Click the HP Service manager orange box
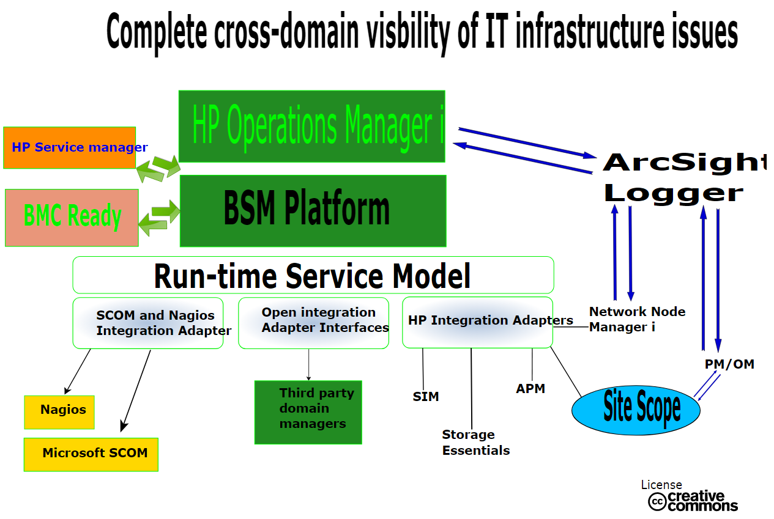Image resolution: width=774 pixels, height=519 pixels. point(69,147)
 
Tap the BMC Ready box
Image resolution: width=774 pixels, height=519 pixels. point(72,218)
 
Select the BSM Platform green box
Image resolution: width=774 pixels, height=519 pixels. point(313,211)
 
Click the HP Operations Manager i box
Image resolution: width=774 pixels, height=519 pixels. point(311,127)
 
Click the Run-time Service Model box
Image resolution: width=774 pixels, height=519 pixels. point(313,275)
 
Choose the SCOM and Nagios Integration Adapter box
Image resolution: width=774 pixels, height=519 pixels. point(148,323)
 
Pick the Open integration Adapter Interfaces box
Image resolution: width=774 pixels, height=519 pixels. point(313,323)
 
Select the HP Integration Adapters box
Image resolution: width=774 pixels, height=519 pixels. point(477,322)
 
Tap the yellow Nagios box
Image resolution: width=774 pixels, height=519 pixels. point(59,412)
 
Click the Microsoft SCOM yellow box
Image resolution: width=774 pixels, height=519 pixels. point(91,454)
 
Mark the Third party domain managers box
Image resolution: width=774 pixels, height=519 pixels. point(308,412)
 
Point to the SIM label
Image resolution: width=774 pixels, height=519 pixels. point(426,397)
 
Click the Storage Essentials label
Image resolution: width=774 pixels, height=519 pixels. point(476,443)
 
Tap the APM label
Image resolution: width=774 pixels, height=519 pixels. point(530,389)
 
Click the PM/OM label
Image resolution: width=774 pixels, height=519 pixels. point(729,364)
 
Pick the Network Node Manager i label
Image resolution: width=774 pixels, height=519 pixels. point(637,319)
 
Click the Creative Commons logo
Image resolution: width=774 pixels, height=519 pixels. point(693,501)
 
